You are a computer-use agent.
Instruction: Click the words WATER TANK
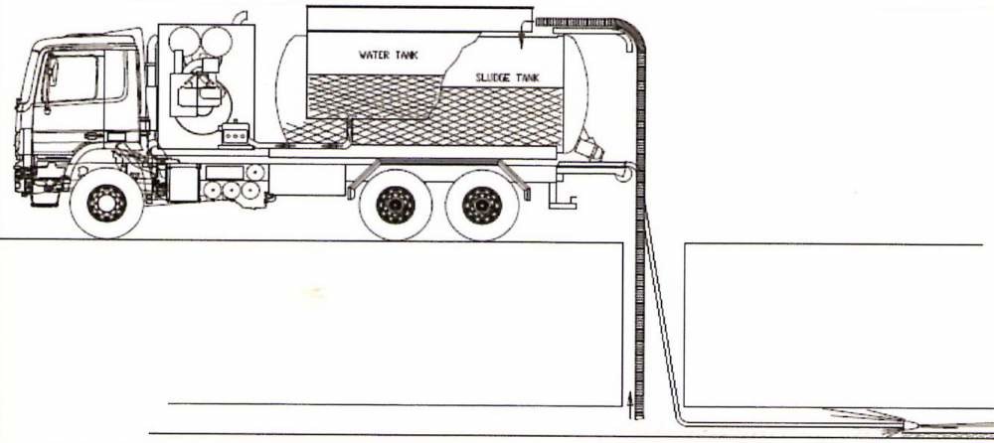(389, 56)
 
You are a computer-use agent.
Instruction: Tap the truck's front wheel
(106, 203)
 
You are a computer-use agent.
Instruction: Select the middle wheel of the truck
(395, 205)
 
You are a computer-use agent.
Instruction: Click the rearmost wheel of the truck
(481, 205)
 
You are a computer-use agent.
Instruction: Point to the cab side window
(74, 78)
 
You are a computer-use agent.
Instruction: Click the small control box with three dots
(236, 133)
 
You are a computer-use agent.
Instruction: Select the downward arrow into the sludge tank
(521, 38)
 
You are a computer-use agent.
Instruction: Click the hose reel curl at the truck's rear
(625, 174)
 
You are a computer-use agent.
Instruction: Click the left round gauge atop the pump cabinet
(184, 41)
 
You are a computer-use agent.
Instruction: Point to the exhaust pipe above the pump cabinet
(240, 17)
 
